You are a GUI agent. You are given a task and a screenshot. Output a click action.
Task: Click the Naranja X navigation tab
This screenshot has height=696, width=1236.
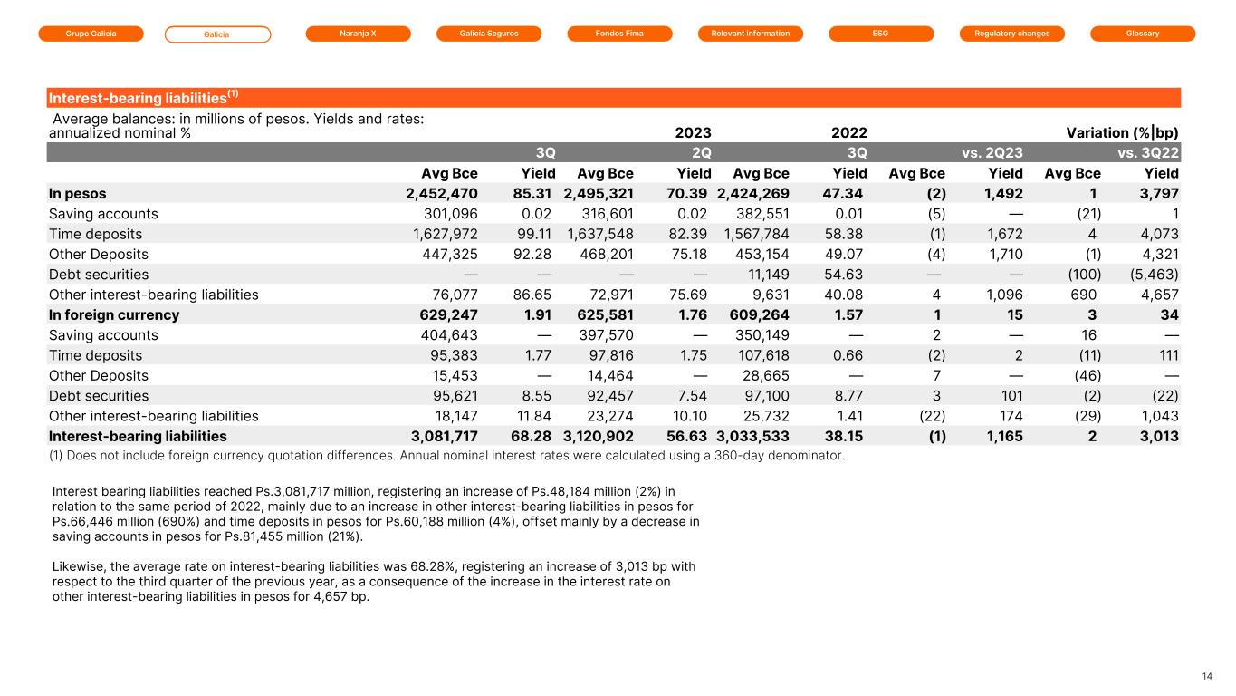pos(359,34)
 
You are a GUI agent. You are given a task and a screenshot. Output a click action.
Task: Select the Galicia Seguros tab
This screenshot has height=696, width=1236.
pos(489,34)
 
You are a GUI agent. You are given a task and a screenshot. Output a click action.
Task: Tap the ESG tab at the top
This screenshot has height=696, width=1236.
pos(881,34)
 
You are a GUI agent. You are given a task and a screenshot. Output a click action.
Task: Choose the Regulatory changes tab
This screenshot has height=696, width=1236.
pos(1012,34)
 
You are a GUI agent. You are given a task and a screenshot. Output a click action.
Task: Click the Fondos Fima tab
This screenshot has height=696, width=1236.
pos(619,34)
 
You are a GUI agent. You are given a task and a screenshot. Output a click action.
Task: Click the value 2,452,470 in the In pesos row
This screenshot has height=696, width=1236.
pos(441,194)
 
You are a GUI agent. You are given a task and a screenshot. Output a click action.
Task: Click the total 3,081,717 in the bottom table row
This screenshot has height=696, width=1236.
pos(441,436)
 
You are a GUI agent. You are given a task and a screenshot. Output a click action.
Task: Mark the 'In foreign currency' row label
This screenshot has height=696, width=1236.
pos(113,315)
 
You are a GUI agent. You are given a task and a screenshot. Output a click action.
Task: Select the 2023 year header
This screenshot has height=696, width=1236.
pos(693,132)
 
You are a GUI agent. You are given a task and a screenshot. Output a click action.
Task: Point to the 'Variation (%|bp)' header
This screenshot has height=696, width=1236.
pos(1123,132)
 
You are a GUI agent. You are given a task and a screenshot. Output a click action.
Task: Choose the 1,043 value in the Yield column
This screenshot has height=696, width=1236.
pos(1158,416)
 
